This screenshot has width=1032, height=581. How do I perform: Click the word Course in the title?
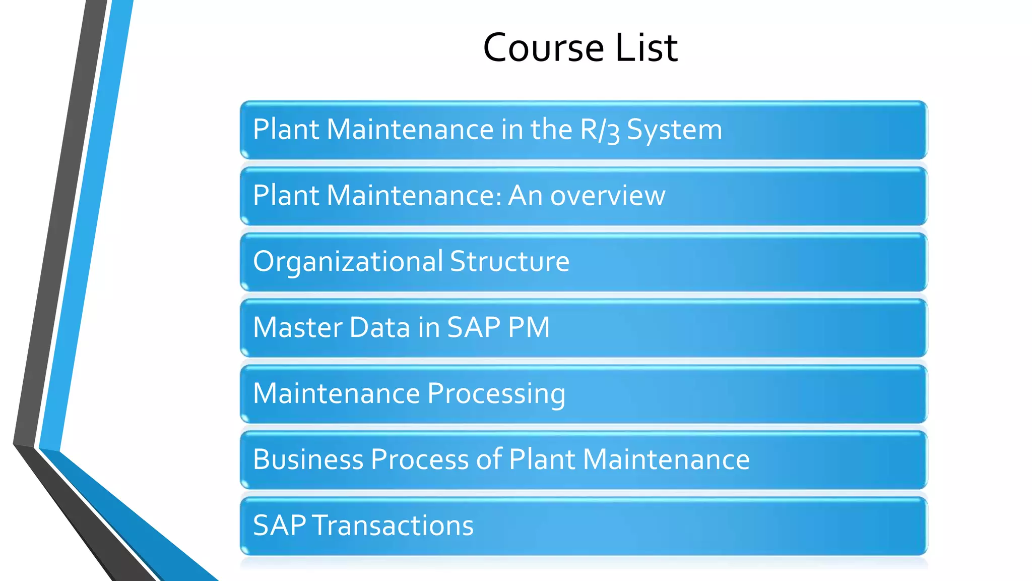(544, 48)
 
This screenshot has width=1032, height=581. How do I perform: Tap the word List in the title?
(647, 48)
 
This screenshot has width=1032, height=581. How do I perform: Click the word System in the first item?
(674, 130)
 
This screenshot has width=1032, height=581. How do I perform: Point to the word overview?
(608, 196)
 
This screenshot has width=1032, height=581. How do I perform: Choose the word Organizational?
(348, 262)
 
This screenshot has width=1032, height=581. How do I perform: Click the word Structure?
(509, 262)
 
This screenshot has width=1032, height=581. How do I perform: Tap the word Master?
(298, 327)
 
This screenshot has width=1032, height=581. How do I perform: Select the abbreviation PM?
(529, 327)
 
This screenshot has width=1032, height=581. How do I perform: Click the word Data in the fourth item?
(379, 327)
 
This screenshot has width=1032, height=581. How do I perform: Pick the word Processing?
(496, 394)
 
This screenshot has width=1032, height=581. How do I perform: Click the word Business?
(308, 459)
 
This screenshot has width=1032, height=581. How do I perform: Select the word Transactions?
(393, 526)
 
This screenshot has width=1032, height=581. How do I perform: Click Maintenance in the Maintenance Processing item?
(336, 393)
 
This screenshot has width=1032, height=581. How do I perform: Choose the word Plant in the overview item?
(286, 196)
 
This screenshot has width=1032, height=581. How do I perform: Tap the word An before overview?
(525, 196)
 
